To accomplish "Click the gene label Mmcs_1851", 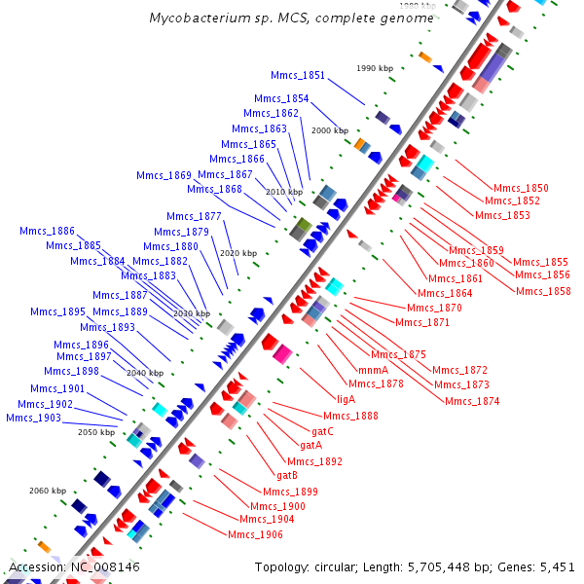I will [298, 75].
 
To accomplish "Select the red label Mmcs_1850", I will [521, 188].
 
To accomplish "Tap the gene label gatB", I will [287, 475].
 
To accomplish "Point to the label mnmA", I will [373, 370].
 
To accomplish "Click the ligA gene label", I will [346, 398].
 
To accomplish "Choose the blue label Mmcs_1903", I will [33, 418].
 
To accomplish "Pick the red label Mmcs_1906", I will [255, 534].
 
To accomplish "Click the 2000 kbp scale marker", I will [329, 130].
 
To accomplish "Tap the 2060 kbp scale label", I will [47, 491].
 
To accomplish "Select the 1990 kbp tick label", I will [375, 68].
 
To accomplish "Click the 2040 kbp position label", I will [144, 373].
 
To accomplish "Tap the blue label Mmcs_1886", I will [47, 231].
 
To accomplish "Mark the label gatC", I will [323, 430].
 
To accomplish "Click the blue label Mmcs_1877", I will [194, 216].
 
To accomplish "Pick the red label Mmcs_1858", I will [543, 290].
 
